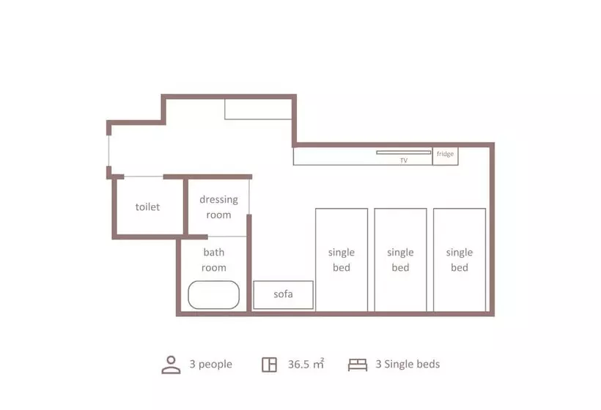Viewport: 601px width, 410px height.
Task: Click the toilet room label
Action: pyautogui.click(x=147, y=206)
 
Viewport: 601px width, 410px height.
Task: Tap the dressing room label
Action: pyautogui.click(x=218, y=206)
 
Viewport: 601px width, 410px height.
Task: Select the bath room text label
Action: pyautogui.click(x=214, y=260)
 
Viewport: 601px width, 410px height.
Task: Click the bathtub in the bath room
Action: pyautogui.click(x=213, y=295)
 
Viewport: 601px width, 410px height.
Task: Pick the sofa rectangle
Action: pyautogui.click(x=283, y=295)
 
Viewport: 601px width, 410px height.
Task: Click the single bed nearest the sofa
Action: pyautogui.click(x=342, y=260)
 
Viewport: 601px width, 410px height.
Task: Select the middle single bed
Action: pyautogui.click(x=400, y=260)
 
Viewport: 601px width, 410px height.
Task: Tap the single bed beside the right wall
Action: pyautogui.click(x=460, y=260)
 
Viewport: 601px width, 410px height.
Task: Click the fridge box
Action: pyautogui.click(x=446, y=156)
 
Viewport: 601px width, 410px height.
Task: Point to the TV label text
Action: pyautogui.click(x=404, y=160)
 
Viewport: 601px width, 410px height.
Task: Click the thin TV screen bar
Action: pyautogui.click(x=404, y=152)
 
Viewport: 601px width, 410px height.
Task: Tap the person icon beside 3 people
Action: pyautogui.click(x=171, y=365)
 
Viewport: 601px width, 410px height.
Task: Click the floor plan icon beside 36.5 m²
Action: pyautogui.click(x=270, y=365)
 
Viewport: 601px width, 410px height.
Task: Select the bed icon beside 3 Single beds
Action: pyautogui.click(x=358, y=365)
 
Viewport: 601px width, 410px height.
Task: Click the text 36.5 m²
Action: pyautogui.click(x=306, y=364)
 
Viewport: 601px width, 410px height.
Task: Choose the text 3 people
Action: pyautogui.click(x=211, y=364)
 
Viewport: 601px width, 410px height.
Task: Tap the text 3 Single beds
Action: pyautogui.click(x=408, y=364)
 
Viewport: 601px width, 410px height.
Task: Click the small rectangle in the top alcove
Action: pyautogui.click(x=258, y=109)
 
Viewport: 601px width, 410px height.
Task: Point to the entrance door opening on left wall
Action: pyautogui.click(x=109, y=151)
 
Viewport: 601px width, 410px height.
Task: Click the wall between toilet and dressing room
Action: pyautogui.click(x=186, y=207)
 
